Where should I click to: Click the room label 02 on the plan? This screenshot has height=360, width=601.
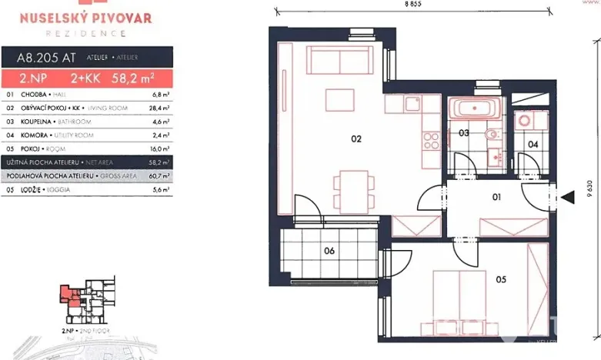356,139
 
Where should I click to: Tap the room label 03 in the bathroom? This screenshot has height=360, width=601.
464,133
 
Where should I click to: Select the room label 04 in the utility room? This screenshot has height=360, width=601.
533,143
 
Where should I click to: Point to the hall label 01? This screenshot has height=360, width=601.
496,197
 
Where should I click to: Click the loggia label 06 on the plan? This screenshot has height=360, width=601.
329,249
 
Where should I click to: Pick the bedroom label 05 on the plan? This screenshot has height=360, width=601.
500,279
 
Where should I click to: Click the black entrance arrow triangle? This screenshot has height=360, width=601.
568,197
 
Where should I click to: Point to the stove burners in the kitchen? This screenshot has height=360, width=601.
431,140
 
